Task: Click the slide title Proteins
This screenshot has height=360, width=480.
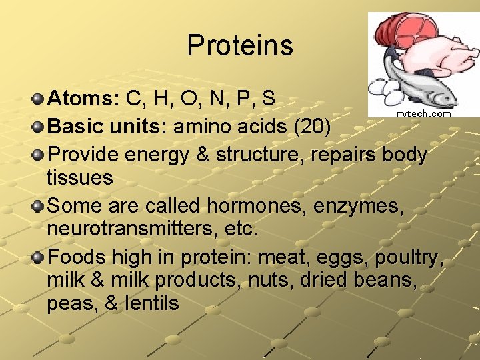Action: click(240, 45)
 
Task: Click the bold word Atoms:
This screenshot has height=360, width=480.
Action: click(84, 99)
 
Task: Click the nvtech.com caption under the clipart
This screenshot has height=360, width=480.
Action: click(423, 114)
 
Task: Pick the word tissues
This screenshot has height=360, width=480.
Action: click(80, 178)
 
